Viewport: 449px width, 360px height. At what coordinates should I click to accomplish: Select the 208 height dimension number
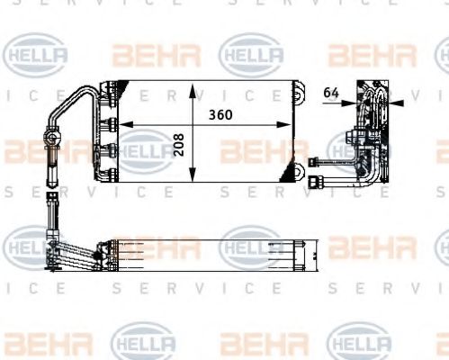point(180,146)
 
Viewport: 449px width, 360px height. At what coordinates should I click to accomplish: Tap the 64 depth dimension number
point(329,90)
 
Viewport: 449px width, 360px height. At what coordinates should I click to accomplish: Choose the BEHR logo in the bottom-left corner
point(41,343)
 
